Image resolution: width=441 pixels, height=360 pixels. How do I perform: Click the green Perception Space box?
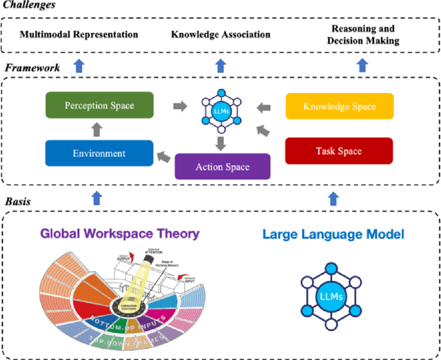(x=99, y=106)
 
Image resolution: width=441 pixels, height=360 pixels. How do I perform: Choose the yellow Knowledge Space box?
(x=340, y=107)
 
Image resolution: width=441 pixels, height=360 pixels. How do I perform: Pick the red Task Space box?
(x=340, y=151)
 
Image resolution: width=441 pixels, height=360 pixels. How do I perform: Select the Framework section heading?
(x=32, y=68)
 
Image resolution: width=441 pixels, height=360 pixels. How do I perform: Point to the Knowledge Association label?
(x=220, y=34)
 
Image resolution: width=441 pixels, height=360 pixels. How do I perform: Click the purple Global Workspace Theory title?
(x=119, y=233)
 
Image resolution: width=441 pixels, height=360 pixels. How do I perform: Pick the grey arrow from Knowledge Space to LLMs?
(x=263, y=107)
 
